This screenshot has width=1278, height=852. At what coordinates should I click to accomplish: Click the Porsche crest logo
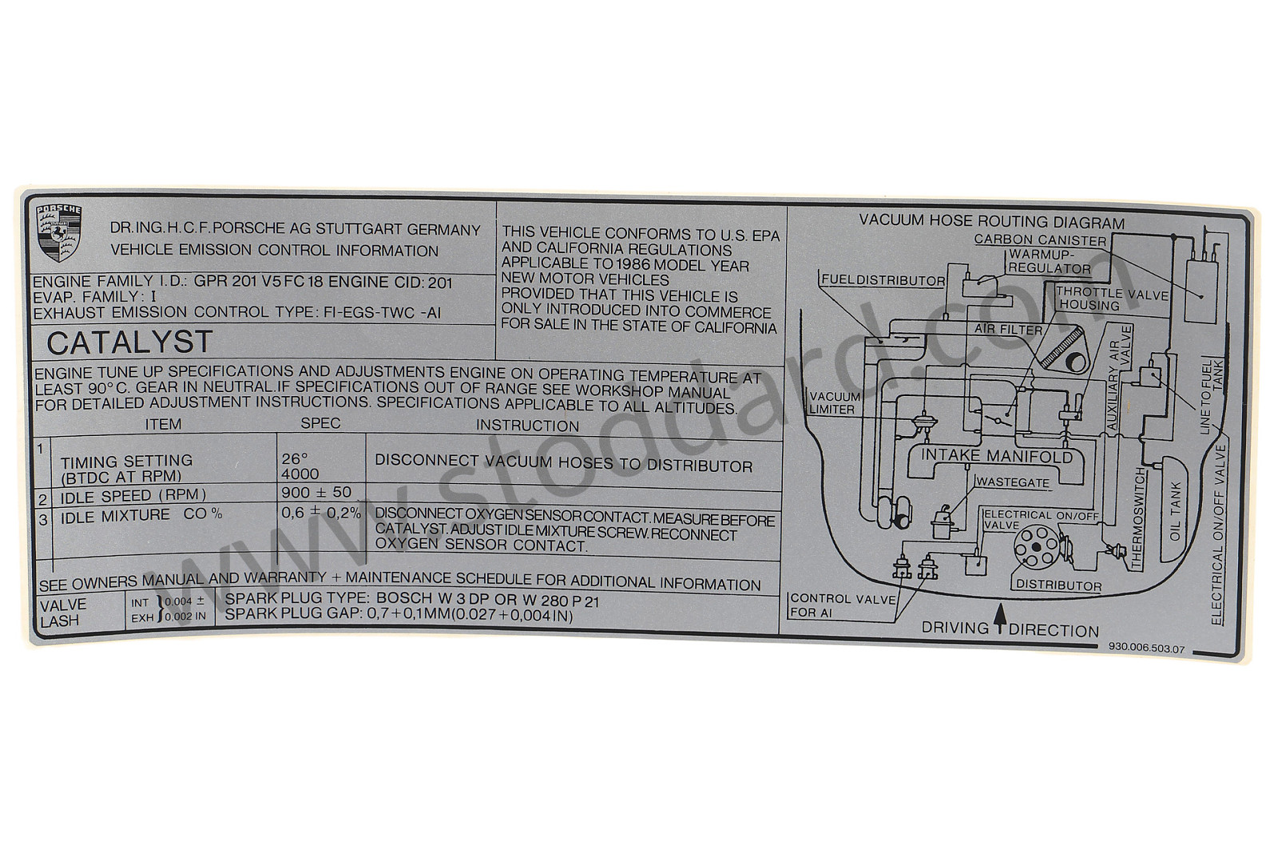point(59,233)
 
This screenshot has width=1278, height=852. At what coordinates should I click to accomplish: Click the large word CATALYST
point(129,343)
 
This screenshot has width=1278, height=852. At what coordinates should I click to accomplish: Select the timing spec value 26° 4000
point(300,466)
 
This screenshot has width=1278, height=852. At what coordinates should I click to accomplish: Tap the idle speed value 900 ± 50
point(316,492)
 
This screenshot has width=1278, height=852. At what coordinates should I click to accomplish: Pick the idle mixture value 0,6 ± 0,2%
point(321,513)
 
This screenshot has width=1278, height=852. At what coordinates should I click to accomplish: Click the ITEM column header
point(163,424)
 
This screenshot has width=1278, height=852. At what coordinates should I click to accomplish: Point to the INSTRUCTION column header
point(528,426)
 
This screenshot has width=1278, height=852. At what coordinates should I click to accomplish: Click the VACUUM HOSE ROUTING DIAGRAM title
point(992,222)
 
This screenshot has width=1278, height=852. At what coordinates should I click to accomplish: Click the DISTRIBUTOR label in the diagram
point(1059,585)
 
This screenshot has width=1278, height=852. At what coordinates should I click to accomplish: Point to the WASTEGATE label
point(1014,483)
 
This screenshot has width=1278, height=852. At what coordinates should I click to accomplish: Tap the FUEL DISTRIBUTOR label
point(883,280)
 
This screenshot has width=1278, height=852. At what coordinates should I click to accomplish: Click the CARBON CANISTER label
point(1040,240)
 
